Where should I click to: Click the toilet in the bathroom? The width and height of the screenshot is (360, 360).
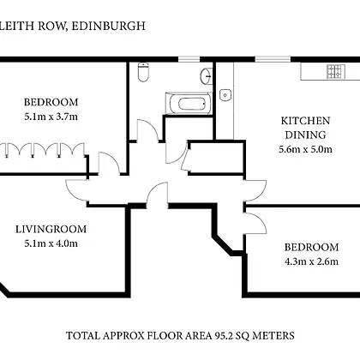pos(143,72)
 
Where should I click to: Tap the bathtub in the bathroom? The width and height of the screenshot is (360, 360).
pos(189,103)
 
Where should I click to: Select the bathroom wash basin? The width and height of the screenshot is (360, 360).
pos(207,76)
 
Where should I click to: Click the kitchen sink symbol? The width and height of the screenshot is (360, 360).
pos(225,94)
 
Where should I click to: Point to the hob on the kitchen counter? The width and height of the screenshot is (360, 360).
pos(336,71)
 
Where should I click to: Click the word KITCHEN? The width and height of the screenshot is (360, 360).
pos(305,121)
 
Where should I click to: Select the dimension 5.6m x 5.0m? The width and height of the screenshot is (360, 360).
pos(305,149)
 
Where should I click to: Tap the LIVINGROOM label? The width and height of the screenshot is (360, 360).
pos(51,229)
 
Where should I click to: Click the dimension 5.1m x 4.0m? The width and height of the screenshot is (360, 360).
pos(51,243)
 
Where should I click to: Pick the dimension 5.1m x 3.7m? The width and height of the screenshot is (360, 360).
pos(51,117)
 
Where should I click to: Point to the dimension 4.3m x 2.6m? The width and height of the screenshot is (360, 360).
pos(312,261)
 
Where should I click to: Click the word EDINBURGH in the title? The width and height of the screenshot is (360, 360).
pos(108,26)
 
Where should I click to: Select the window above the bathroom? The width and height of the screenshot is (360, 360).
pos(189,59)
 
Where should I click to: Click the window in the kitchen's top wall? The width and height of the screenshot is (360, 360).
pos(273,59)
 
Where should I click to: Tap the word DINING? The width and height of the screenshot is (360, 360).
pos(305,135)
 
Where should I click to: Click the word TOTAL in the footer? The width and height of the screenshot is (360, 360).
pos(83,335)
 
